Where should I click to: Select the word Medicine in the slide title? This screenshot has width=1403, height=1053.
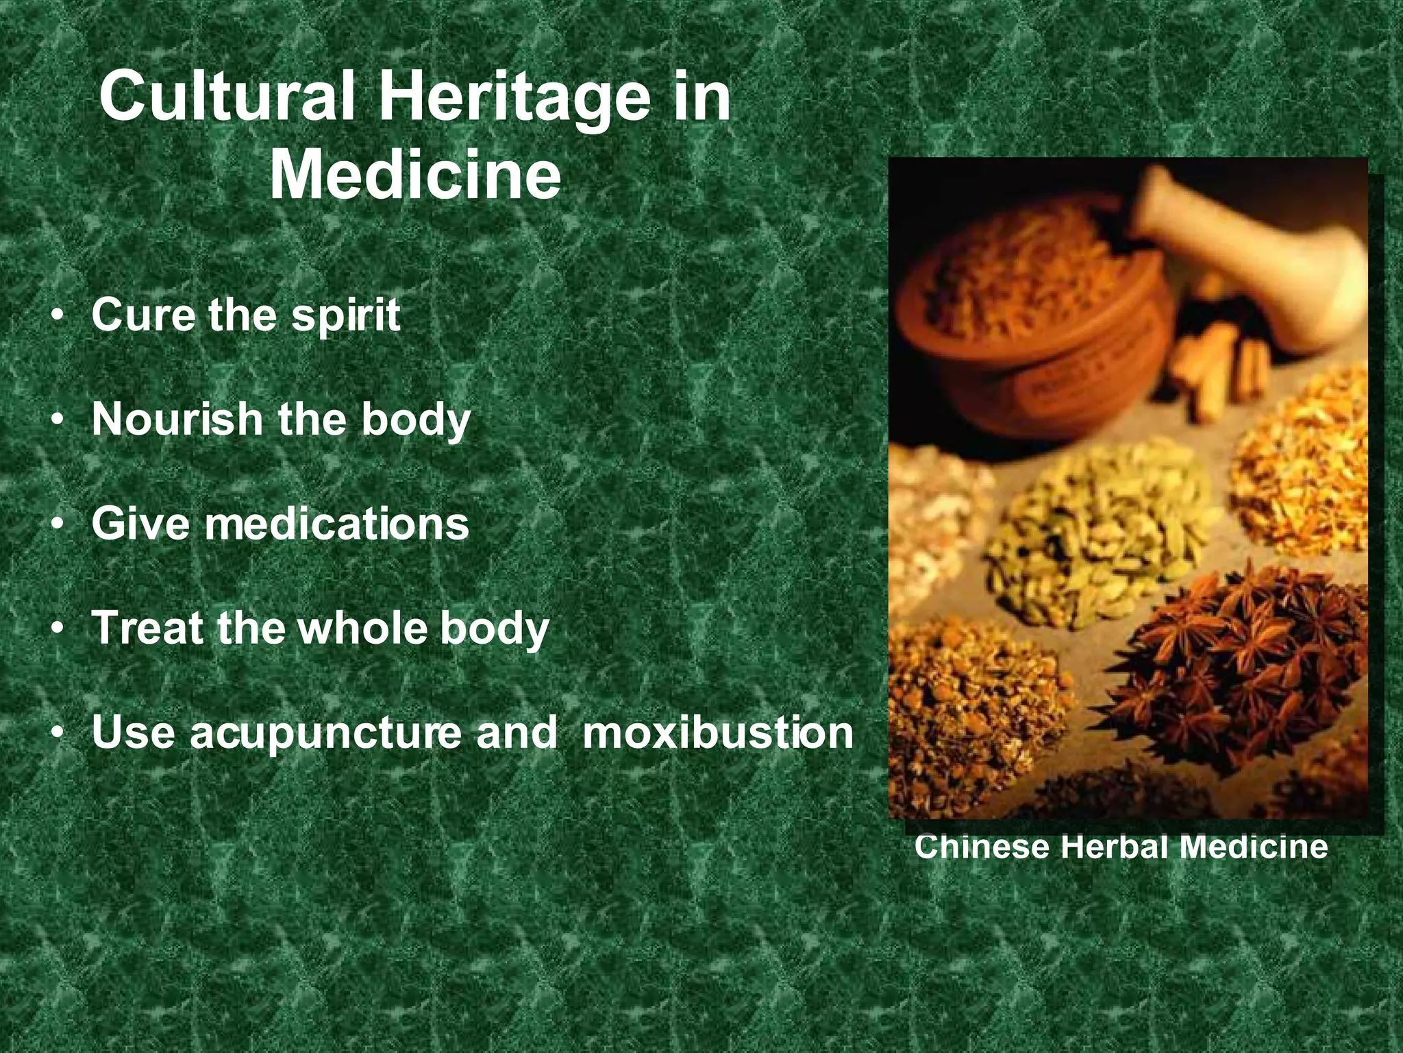[x=415, y=175]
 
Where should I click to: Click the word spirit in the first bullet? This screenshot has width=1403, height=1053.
[x=346, y=317]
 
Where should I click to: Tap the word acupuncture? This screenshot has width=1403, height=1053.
[x=325, y=732]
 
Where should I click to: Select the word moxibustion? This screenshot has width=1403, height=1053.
[x=717, y=732]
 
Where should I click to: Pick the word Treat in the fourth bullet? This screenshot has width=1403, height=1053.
[x=149, y=627]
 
